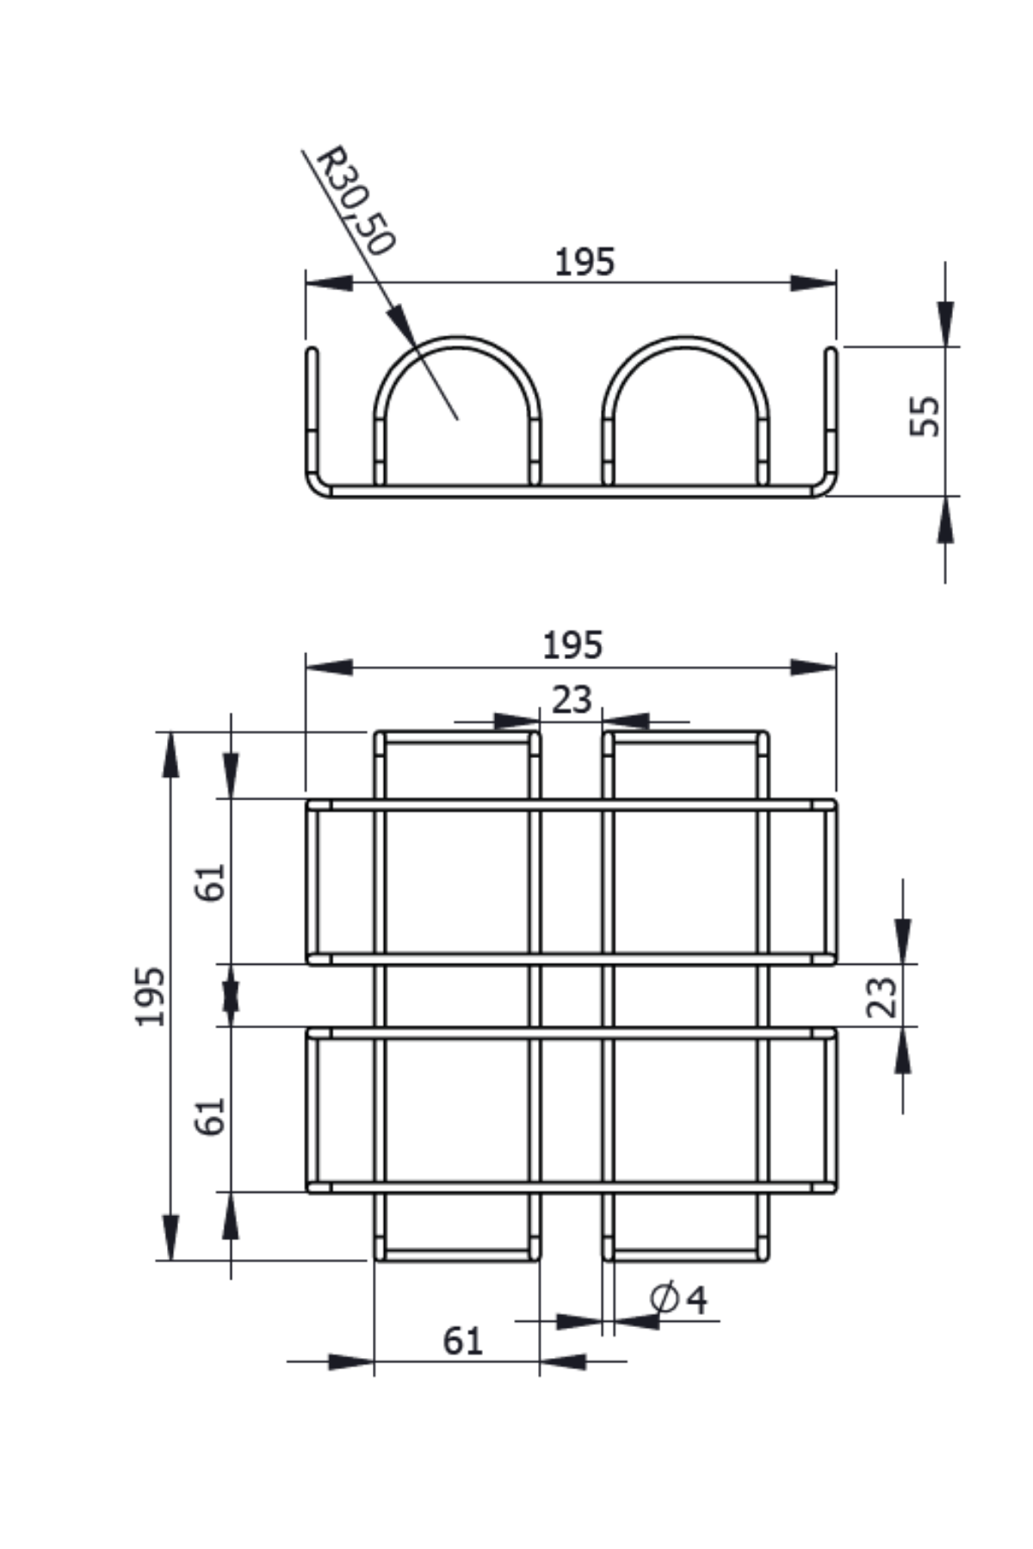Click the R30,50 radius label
355,201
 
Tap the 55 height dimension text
925,417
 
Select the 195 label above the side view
585,262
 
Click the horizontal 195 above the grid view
572,645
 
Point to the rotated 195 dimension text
151,997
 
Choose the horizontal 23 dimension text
572,700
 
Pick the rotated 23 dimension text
881,997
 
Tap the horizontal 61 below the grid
463,1341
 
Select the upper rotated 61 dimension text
211,882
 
